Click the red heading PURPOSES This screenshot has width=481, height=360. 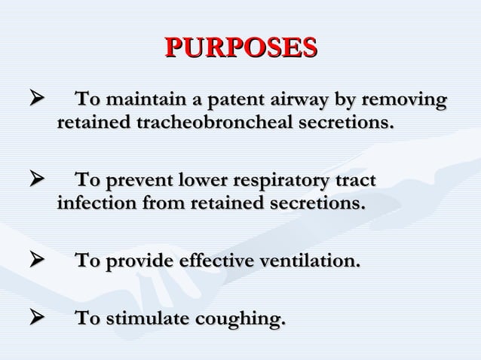pos(240,47)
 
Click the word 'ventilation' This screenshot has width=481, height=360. pos(310,261)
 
